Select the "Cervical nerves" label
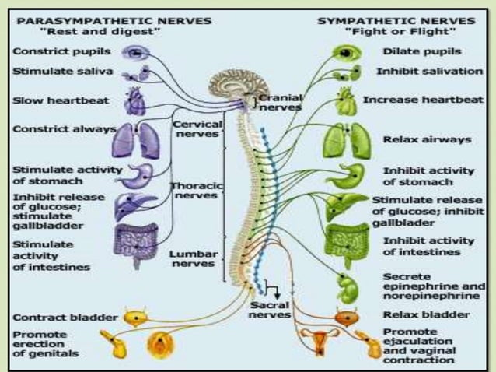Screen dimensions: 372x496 click(197, 128)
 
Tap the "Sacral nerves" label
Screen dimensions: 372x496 click(270, 311)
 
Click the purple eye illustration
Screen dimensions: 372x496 click(138, 52)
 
